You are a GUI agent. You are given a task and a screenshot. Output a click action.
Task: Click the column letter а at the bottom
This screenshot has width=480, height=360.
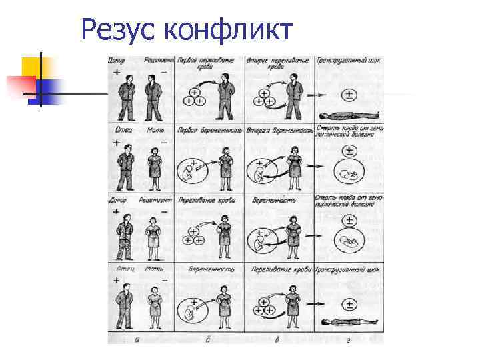coord(137,339)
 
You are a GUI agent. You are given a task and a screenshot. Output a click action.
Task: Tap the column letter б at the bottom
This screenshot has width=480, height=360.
coord(208,339)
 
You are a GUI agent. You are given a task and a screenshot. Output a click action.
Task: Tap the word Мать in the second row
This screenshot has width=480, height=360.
coord(155,130)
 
